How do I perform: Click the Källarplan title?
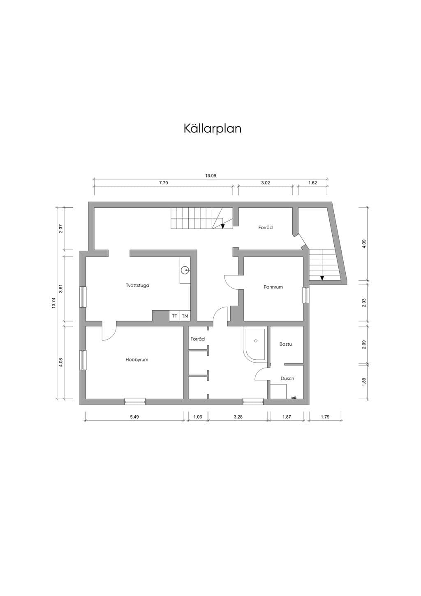pos(213,128)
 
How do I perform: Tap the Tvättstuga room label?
pos(137,286)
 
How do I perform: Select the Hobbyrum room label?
pos(137,360)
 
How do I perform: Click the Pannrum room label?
pos(273,287)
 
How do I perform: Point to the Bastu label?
pos(286,344)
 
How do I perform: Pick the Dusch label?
pos(287,379)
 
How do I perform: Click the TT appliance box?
pos(175,316)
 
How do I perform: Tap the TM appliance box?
pos(185,316)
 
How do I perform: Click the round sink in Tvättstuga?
pos(185,270)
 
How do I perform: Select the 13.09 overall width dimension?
pos(210,176)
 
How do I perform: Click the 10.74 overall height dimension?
pos(54,303)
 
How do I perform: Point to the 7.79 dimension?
pos(164,183)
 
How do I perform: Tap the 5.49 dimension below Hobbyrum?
pos(134,417)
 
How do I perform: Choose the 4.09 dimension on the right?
pos(364,244)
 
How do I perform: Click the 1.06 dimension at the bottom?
pos(198,417)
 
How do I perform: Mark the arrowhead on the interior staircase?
pos(223,226)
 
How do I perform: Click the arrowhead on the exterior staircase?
pos(322,278)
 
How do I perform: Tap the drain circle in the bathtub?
pos(256,341)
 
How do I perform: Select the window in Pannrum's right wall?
pos(306,295)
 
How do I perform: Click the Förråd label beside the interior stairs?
pos(266,228)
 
